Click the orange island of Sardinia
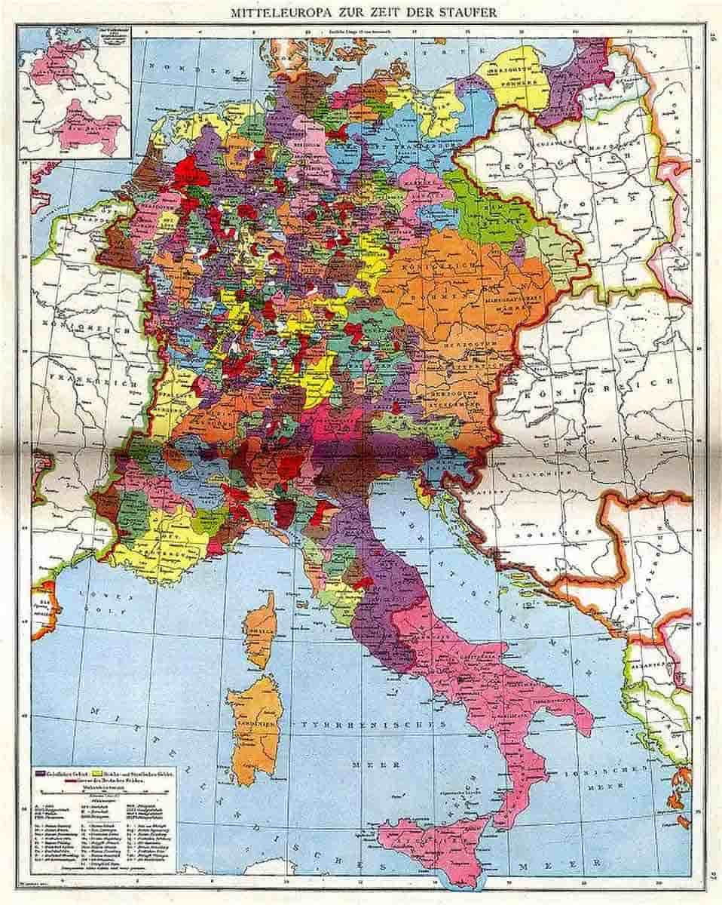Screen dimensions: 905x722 point(255,728)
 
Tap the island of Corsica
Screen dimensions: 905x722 point(260,629)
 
